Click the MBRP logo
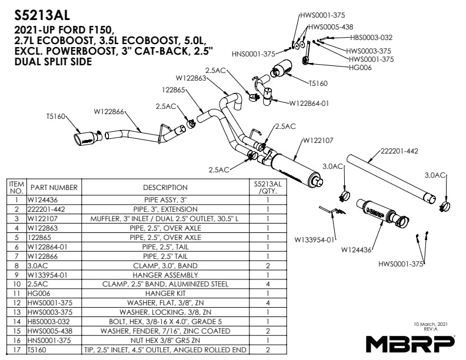pyautogui.click(x=410, y=343)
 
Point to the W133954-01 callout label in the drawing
pyautogui.click(x=315, y=239)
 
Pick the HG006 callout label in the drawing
pyautogui.click(x=360, y=68)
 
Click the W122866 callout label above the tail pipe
pyautogui.click(x=109, y=111)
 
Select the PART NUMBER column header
pyautogui.click(x=54, y=188)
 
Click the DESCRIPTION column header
pyautogui.click(x=165, y=188)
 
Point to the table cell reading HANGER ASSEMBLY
pyautogui.click(x=165, y=275)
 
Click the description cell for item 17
pyautogui.click(x=165, y=350)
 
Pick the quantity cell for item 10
pyautogui.click(x=268, y=284)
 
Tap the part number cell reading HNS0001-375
pyautogui.click(x=54, y=341)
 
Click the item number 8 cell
pyautogui.click(x=16, y=265)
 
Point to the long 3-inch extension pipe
pyautogui.click(x=388, y=176)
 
